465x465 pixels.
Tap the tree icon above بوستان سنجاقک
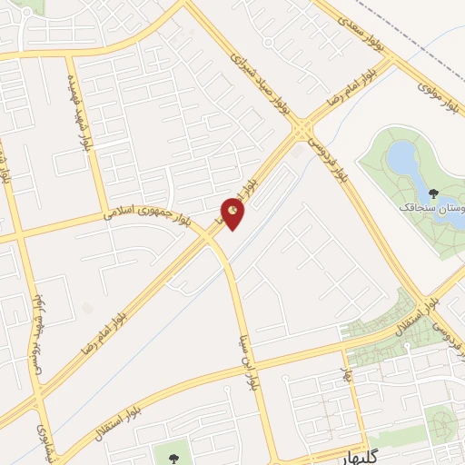pos(434,193)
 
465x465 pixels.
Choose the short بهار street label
pos(346,371)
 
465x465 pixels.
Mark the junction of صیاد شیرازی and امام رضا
pos(301,134)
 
